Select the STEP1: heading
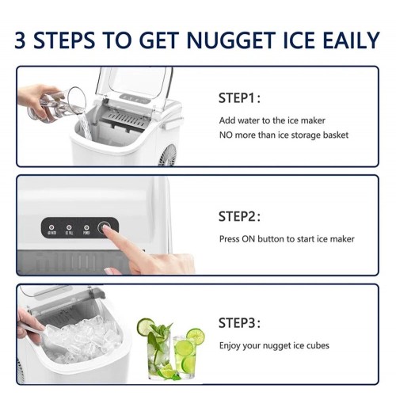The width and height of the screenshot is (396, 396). point(238,98)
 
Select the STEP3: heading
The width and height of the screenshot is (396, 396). point(238,322)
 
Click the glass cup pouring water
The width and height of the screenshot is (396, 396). point(63,105)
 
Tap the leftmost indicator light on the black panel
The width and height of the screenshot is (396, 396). point(52,227)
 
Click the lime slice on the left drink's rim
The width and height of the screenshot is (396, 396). point(145,326)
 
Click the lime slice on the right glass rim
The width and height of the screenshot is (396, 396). point(196,337)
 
